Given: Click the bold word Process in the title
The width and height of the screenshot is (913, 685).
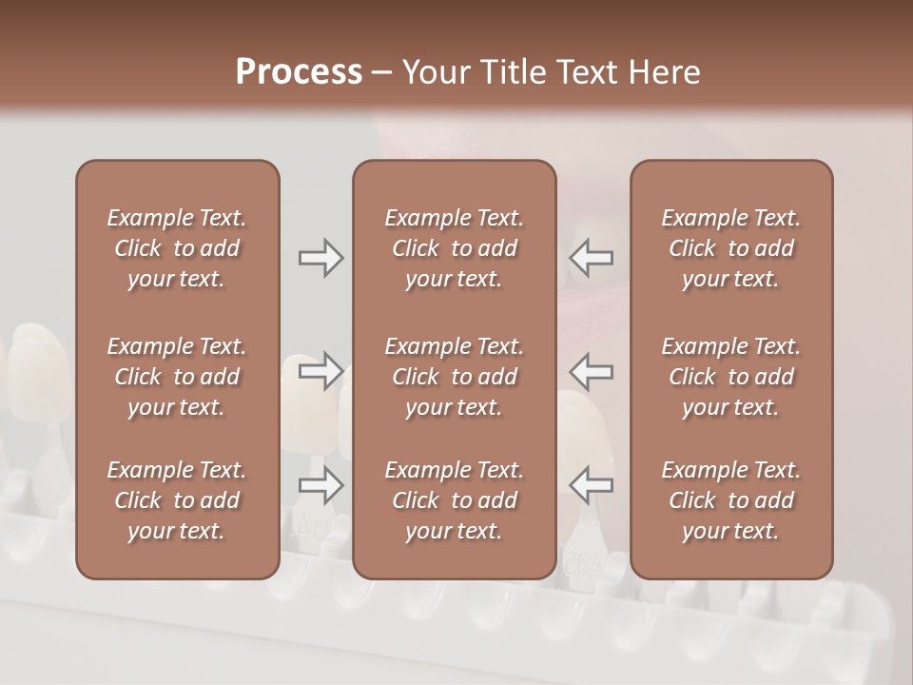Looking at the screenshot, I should tap(299, 72).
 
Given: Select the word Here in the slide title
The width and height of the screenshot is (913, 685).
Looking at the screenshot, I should tap(666, 72).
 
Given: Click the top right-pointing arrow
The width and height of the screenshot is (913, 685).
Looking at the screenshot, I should tap(321, 258).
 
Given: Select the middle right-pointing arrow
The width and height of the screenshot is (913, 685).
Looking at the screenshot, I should tap(321, 370).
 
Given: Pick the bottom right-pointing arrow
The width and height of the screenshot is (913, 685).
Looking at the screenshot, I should tap(321, 485).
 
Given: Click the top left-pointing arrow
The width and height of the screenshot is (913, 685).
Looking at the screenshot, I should tap(591, 258).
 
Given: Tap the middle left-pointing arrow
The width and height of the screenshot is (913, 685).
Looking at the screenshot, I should tap(591, 370).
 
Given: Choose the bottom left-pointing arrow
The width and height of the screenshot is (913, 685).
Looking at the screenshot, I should tap(591, 485).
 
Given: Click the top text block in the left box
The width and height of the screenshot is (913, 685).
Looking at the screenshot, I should tap(177, 248).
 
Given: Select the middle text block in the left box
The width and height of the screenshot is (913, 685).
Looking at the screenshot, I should tap(177, 377).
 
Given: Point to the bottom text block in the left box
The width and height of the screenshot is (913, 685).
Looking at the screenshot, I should tap(177, 500).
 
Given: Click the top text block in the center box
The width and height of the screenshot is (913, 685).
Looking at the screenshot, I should tap(455, 248).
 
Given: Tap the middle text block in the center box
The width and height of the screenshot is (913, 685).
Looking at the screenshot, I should tap(455, 377).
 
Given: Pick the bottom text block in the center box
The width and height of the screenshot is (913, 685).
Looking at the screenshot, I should tap(455, 500).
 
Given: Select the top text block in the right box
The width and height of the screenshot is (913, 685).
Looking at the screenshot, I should tap(731, 248).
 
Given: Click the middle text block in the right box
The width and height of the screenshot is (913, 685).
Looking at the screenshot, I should tap(731, 377).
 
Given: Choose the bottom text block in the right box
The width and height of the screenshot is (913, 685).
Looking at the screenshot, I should tap(731, 500).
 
